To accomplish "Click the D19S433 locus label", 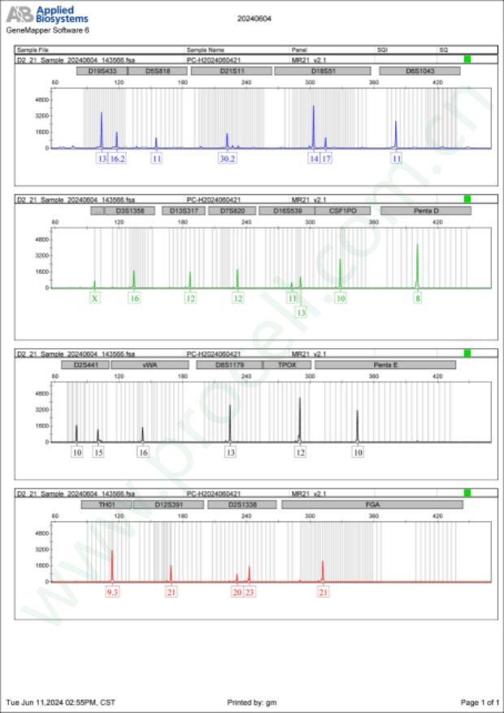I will tap(102, 71).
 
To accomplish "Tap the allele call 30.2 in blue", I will tap(228, 159).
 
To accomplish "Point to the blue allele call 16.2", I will tap(118, 159).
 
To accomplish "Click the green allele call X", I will tap(95, 298).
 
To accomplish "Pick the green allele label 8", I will tap(418, 298).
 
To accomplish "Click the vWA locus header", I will tap(149, 365).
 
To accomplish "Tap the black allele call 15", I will tap(98, 452).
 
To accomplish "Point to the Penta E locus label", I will tap(385, 365).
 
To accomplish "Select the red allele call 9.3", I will tap(112, 592).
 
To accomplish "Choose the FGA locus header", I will tap(372, 504).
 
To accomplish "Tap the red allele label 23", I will tap(250, 592).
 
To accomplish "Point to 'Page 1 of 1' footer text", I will tap(480, 702).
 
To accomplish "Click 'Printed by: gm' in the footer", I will tap(252, 702).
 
